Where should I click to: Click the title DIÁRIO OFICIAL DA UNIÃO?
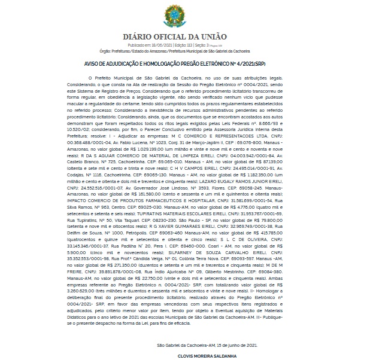186,37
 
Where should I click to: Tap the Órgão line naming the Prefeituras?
186,51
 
